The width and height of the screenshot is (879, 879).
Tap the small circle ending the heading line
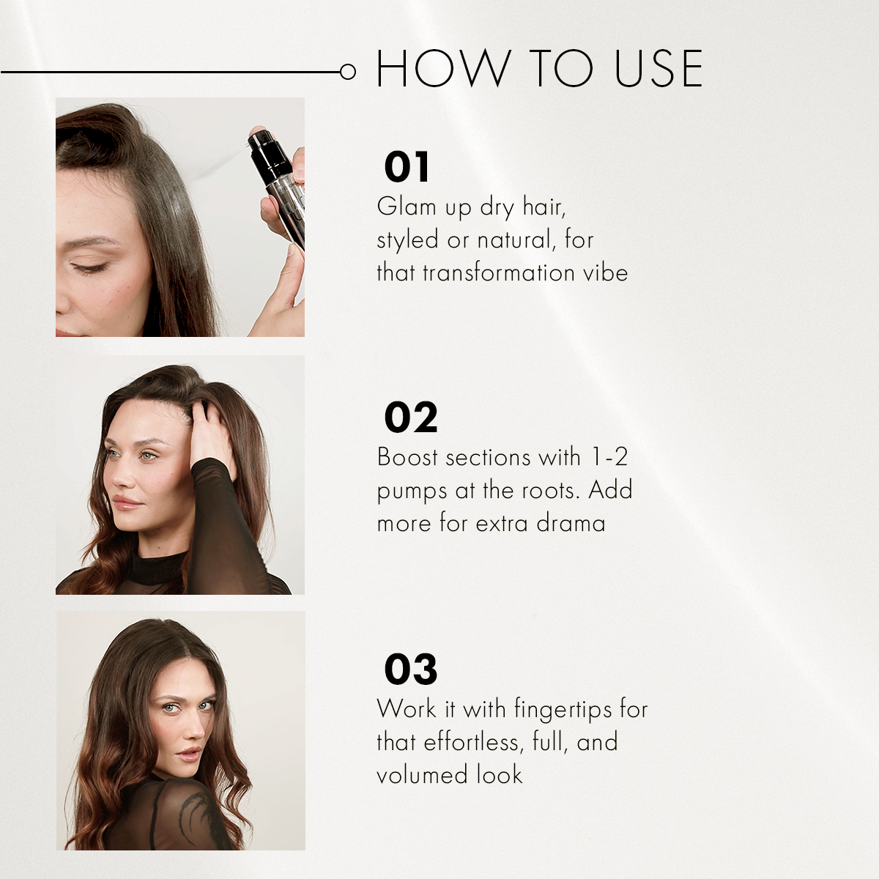pos(348,72)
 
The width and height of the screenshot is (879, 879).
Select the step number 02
pos(410,418)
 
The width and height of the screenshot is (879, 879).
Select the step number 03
pos(410,670)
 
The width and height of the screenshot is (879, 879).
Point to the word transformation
pos(499,272)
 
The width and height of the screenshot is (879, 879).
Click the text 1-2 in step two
pos(609,457)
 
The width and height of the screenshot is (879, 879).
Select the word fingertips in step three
pos(563,709)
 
